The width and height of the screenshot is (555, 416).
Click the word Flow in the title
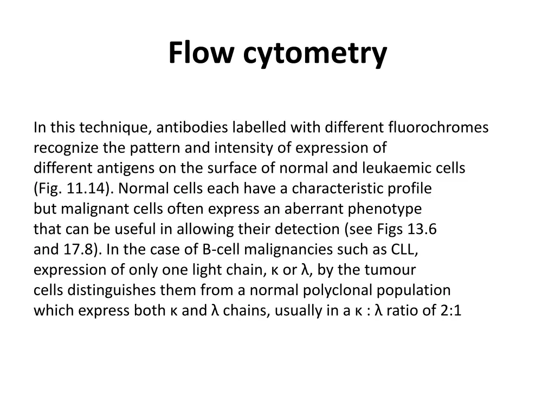[201, 53]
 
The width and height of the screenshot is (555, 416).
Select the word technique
[117, 128]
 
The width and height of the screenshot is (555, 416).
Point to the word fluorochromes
[438, 128]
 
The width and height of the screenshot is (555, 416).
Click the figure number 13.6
[422, 229]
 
